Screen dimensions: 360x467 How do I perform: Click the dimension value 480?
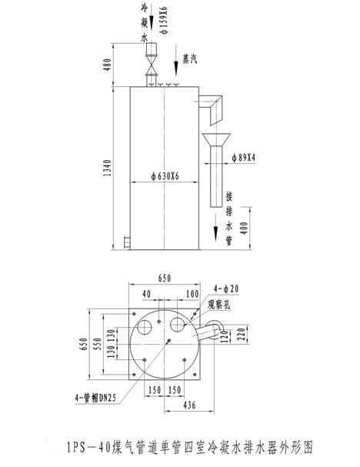point(107,65)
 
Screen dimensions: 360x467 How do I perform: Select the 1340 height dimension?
point(107,168)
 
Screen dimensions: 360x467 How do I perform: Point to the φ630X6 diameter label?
point(165,176)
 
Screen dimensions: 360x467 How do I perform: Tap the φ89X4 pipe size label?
point(244,158)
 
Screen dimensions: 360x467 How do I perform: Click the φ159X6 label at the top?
point(164,20)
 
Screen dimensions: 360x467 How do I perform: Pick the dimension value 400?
point(244,228)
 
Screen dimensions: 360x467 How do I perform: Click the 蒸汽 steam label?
point(190,59)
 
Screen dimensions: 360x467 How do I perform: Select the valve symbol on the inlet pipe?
point(152,65)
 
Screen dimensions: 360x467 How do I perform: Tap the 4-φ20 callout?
point(226,289)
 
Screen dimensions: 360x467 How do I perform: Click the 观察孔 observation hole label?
point(219,304)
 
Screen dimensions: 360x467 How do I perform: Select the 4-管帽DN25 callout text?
point(95,398)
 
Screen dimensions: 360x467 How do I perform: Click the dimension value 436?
point(189,405)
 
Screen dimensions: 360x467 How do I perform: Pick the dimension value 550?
point(97,344)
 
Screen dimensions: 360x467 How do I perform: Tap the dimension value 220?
point(242,334)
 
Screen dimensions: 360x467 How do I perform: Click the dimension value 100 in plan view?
point(192,294)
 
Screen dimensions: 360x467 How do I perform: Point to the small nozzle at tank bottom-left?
point(128,242)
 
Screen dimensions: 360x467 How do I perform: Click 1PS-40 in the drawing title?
point(88,447)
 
